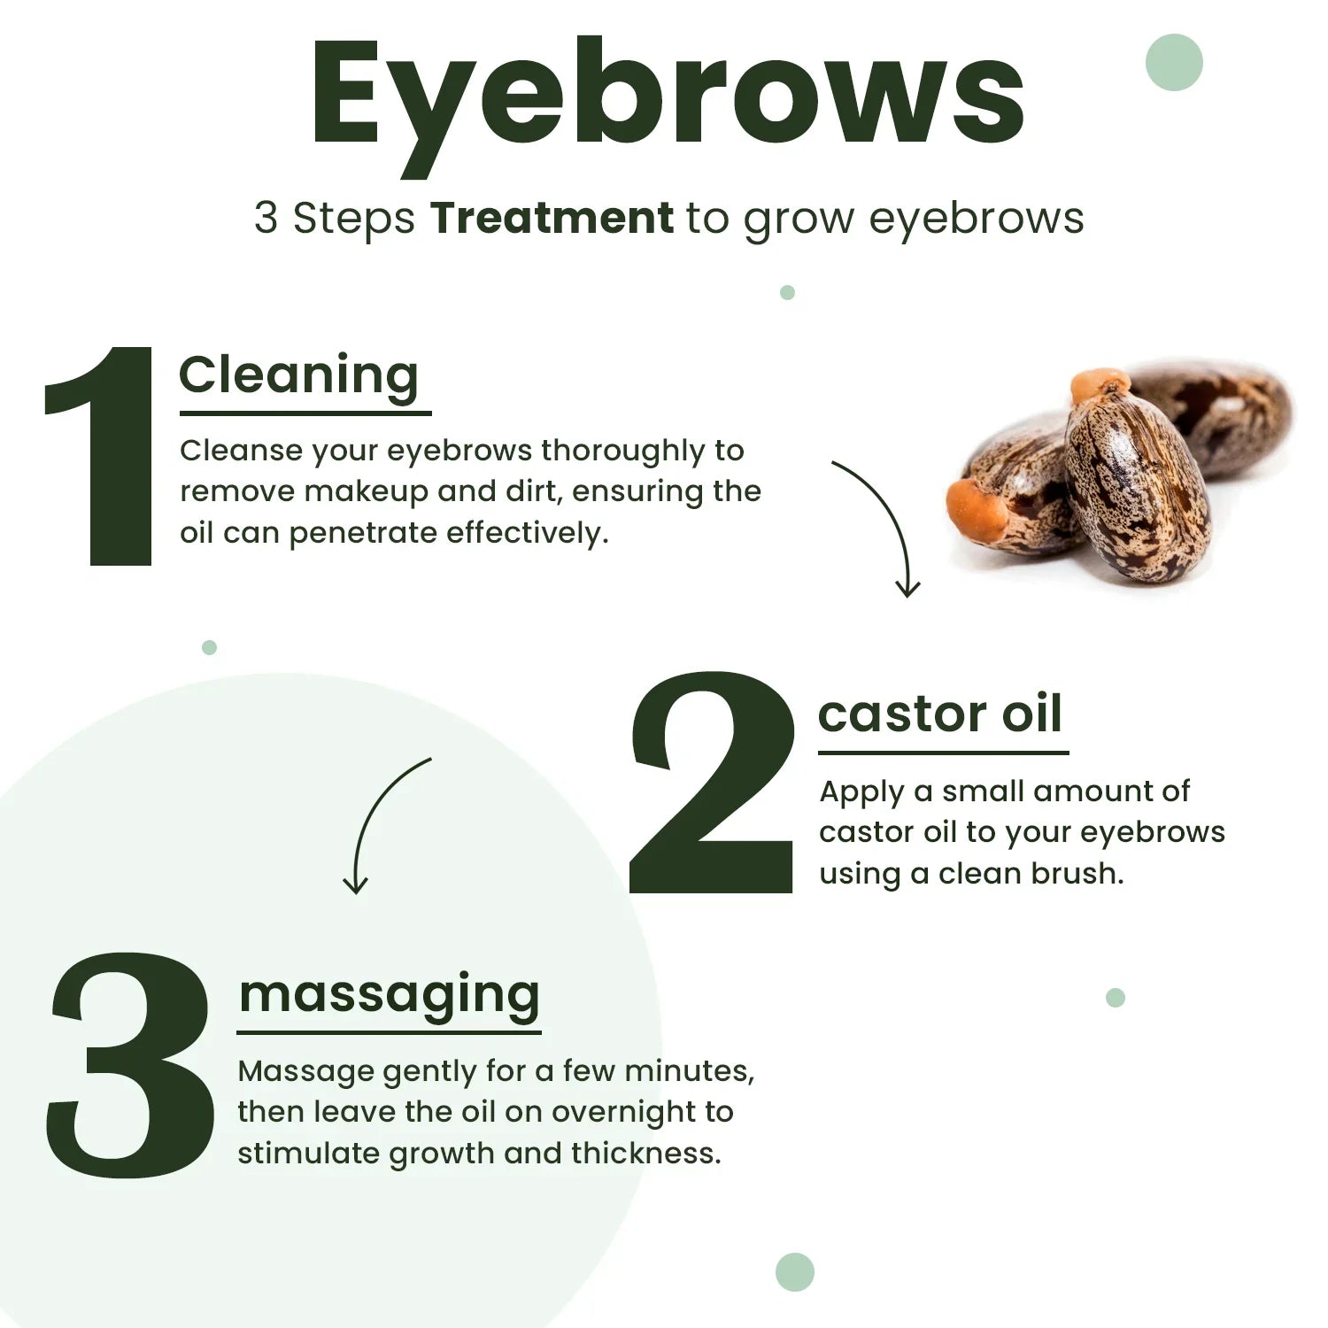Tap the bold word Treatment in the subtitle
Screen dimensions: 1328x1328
pyautogui.click(x=552, y=218)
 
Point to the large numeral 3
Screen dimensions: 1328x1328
pyautogui.click(x=130, y=1067)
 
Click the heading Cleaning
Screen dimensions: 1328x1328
pyautogui.click(x=298, y=375)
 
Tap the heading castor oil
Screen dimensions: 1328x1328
pyautogui.click(x=939, y=714)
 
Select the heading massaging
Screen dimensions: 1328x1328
pyautogui.click(x=389, y=993)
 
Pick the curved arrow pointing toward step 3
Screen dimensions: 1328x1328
pyautogui.click(x=379, y=819)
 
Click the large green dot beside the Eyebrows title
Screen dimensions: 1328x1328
pyautogui.click(x=1174, y=62)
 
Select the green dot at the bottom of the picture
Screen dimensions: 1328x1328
pyautogui.click(x=794, y=1272)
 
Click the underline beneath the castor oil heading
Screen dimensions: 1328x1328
pyautogui.click(x=943, y=753)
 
